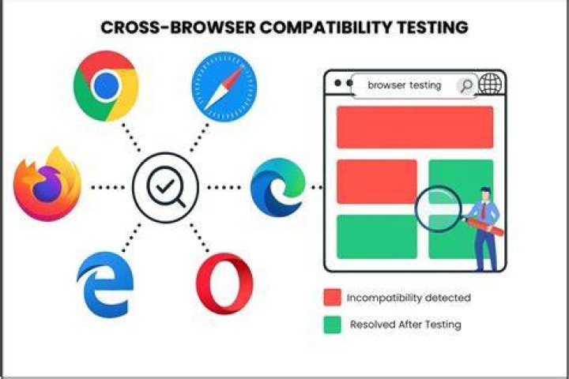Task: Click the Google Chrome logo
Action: [106, 86]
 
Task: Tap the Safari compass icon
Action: [224, 87]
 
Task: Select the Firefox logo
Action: [47, 184]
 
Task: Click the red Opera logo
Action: [224, 283]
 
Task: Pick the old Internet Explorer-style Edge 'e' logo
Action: [105, 285]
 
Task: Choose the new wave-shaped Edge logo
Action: [278, 187]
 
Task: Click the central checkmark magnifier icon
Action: [165, 187]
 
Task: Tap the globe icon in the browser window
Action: [490, 84]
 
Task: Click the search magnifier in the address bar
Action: [466, 85]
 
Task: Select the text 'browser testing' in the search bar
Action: [405, 85]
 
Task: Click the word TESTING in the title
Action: [432, 28]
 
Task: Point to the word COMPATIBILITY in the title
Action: [326, 28]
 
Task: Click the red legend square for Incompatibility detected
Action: [333, 298]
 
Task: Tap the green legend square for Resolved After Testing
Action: [333, 325]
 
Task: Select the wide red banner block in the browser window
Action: [415, 127]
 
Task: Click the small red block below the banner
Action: [377, 182]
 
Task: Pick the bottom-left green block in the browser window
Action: [377, 236]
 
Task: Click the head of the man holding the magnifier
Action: [485, 195]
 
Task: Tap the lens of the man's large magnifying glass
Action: [439, 209]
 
